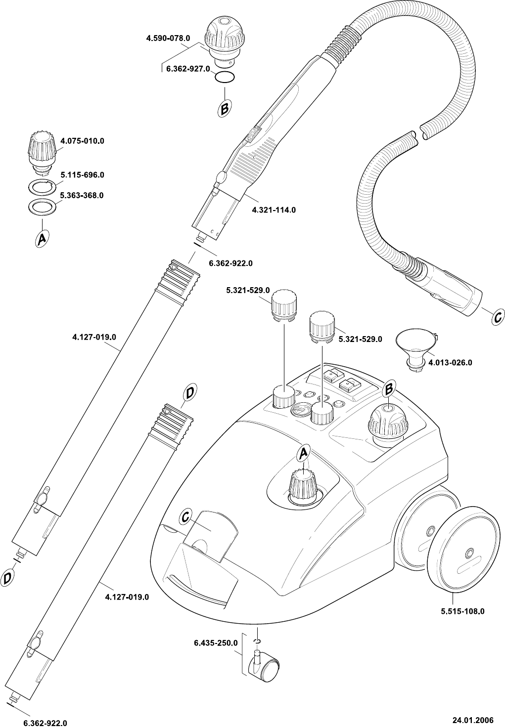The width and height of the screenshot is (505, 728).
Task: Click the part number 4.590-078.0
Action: tap(168, 38)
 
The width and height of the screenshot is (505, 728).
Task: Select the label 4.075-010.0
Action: tap(82, 141)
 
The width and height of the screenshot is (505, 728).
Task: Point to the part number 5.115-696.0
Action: tap(82, 175)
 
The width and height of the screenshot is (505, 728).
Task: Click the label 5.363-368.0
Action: tap(82, 195)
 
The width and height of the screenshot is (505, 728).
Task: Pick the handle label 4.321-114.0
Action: tap(274, 210)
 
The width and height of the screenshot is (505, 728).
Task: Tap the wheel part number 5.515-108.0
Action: tap(462, 611)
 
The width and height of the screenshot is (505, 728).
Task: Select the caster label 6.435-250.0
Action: tap(216, 643)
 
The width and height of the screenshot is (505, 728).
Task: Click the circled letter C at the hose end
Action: tap(498, 318)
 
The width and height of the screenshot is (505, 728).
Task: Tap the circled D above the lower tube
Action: tap(189, 393)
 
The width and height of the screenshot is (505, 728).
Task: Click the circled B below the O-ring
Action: tap(224, 108)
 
